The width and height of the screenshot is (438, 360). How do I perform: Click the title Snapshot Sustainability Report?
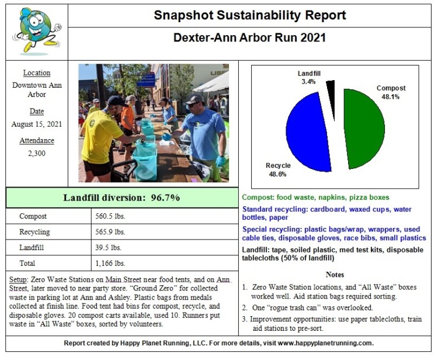[250, 15]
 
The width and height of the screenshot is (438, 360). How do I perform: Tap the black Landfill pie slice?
[331, 91]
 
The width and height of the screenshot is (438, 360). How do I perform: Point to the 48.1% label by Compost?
[391, 96]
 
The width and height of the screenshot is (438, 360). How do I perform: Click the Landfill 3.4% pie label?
[308, 78]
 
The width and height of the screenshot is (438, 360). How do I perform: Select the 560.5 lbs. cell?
[110, 216]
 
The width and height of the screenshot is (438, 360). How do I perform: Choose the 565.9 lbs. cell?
[110, 232]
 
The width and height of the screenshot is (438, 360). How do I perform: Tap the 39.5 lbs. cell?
[108, 248]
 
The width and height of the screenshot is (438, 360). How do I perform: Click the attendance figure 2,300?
[37, 153]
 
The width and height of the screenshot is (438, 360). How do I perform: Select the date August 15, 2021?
[37, 124]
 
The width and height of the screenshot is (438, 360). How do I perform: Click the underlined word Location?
[37, 73]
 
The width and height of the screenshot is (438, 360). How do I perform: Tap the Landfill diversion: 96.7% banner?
[121, 198]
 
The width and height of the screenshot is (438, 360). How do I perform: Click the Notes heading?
[335, 274]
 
